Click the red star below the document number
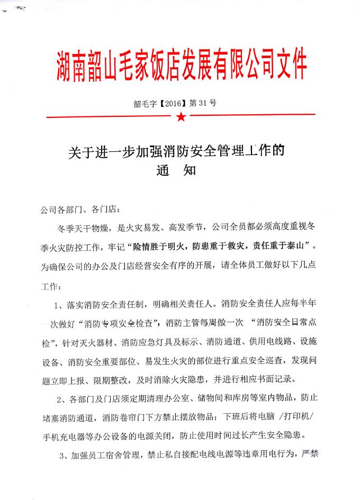tap(181, 116)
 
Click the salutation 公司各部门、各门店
tap(81, 211)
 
